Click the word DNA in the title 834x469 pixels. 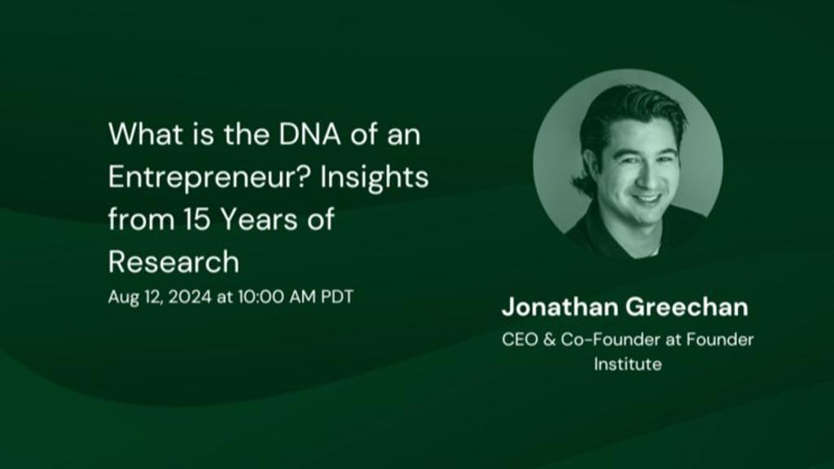point(309,134)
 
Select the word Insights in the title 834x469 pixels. point(374,177)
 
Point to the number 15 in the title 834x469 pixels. point(197,219)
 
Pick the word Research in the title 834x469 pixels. point(174,261)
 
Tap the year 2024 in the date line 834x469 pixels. point(191,296)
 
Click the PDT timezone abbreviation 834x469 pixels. point(337,296)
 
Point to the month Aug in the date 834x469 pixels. point(121,297)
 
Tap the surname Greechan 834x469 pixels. point(687,307)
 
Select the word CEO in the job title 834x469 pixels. point(520,340)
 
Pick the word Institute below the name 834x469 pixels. point(628,364)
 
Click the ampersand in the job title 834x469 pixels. point(549,340)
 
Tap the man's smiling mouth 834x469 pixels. point(647,199)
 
